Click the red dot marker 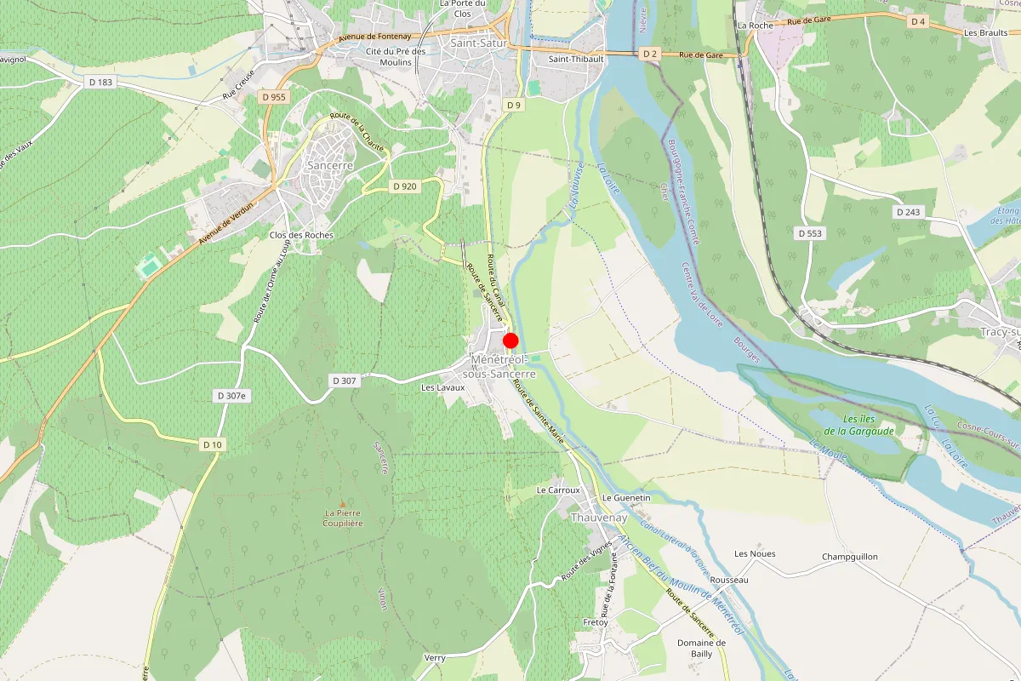point(510,340)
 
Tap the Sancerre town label point(329,165)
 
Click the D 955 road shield point(274,97)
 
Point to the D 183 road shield point(100,82)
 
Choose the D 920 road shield point(405,186)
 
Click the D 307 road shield point(344,381)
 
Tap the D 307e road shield point(231,396)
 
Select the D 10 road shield point(212,444)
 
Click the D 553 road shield point(811,232)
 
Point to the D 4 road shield point(917,21)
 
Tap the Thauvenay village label point(599,518)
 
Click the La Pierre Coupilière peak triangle point(343,505)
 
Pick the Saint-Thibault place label point(576,59)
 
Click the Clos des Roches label point(301,235)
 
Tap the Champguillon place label point(850,558)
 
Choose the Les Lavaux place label point(443,387)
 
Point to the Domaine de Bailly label point(702,648)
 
